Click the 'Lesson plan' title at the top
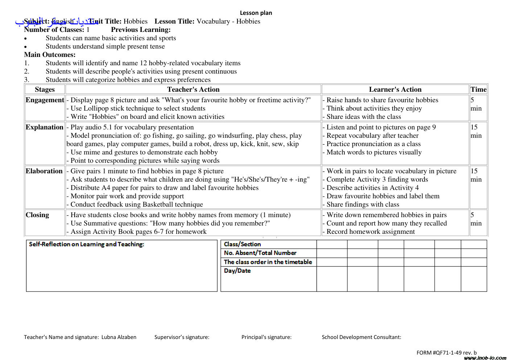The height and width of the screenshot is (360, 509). pos(256,13)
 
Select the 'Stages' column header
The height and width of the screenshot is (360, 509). pos(45,90)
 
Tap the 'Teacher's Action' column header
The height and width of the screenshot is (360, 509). pos(193,90)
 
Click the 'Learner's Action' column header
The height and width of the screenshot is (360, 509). pos(395,90)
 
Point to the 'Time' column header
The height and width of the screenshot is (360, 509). pos(478,90)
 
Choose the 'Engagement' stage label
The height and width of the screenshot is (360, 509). pos(45,100)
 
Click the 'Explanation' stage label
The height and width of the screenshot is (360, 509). pos(44,127)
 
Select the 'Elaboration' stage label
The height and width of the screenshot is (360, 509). pos(44,171)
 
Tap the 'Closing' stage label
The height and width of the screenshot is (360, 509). pos(37,215)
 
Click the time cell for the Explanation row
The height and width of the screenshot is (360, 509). pos(476,131)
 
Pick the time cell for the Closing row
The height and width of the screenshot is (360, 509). pos(476,219)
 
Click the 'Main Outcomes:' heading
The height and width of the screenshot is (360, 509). pos(50,55)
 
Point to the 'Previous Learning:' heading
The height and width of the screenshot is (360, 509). pos(141,30)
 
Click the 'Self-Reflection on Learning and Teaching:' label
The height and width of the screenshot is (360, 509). pos(86,244)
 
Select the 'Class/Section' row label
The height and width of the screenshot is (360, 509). pos(242,244)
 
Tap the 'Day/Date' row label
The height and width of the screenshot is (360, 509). pos(237,271)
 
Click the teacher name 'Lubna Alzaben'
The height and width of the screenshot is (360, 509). pos(119,337)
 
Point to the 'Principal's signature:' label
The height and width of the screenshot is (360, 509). pos(266,337)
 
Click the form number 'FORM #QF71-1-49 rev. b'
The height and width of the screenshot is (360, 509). pos(446,352)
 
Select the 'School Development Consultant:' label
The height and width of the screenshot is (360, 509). pos(361,337)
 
